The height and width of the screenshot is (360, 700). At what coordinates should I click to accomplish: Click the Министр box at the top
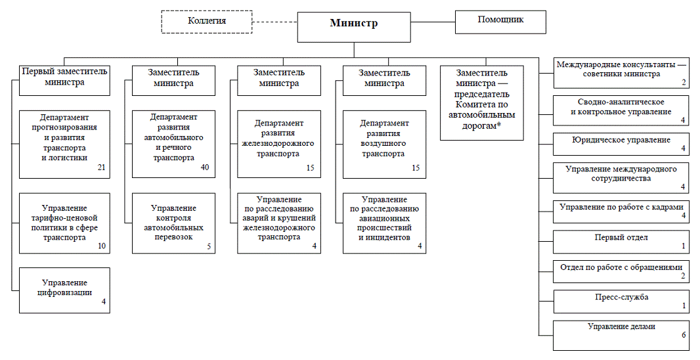coord(354,27)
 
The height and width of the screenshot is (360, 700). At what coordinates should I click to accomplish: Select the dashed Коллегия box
coord(207,22)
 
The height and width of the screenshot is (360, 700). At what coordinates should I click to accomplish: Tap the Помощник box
coord(500,22)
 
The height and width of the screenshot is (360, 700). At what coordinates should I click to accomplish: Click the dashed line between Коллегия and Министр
coord(274,22)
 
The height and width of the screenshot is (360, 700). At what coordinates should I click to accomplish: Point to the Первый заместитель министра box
coord(64,80)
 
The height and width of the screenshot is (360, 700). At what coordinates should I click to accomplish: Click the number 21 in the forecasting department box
coord(101,168)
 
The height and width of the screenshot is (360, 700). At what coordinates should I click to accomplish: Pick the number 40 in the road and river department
coord(205,168)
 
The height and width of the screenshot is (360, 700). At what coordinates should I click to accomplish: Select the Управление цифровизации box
coord(64,290)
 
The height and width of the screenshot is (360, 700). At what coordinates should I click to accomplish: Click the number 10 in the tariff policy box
coord(102,246)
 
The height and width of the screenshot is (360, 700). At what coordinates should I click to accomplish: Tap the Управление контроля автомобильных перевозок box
coord(173,223)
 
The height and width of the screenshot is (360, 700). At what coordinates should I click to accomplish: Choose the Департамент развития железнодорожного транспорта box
coord(279,144)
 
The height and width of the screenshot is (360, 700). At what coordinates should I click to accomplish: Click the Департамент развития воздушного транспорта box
coord(384,144)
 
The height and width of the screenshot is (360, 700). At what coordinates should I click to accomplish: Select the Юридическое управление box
coord(621,144)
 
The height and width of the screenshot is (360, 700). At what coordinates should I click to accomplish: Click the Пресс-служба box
coord(621,302)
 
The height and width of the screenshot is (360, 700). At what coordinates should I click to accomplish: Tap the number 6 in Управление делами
coord(684,334)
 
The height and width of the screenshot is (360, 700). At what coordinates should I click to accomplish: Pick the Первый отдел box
coord(621,242)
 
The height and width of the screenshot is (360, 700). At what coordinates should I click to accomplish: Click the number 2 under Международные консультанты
coord(684,83)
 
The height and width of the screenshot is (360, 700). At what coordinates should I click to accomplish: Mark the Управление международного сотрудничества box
coord(621,178)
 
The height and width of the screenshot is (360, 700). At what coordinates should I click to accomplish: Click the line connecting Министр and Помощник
coord(433,22)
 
